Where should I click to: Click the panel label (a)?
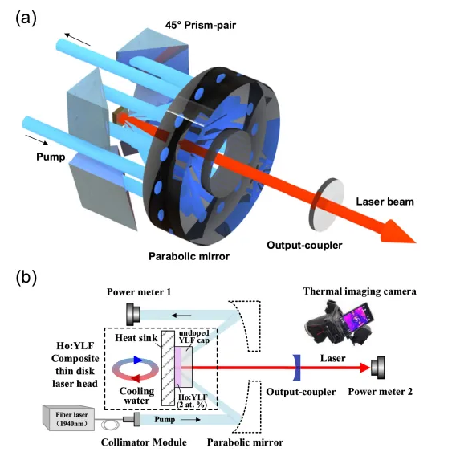[x=26, y=18]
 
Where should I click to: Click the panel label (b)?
[x=26, y=278]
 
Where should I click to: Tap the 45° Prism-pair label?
[x=201, y=25]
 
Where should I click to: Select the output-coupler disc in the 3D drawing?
[x=326, y=205]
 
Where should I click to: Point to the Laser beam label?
[x=385, y=202]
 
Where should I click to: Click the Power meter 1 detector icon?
[x=133, y=315]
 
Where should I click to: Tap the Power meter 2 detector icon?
[x=378, y=368]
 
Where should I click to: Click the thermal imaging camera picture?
[x=340, y=323]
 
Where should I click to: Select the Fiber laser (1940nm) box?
[x=68, y=418]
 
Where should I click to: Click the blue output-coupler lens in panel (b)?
[x=296, y=368]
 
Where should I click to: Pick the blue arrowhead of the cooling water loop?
[x=137, y=360]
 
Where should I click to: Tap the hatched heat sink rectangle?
[x=168, y=368]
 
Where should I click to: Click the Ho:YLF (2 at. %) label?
[x=193, y=401]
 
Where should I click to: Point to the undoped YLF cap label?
[x=194, y=336]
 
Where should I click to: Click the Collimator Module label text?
[x=144, y=442]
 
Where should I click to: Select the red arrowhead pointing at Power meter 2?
[x=365, y=368]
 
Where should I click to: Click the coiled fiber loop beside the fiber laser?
[x=110, y=425]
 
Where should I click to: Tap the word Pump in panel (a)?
[x=51, y=157]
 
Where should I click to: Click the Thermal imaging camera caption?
[x=360, y=291]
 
